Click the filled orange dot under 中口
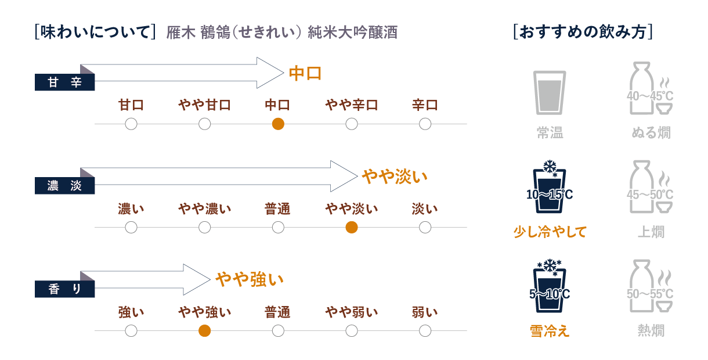pyautogui.click(x=278, y=124)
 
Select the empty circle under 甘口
pyautogui.click(x=131, y=124)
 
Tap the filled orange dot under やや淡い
pyautogui.click(x=351, y=227)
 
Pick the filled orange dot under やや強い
pyautogui.click(x=204, y=330)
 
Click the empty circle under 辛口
pyautogui.click(x=425, y=124)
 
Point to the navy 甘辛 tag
pyautogui.click(x=65, y=83)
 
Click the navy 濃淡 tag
pyautogui.click(x=65, y=186)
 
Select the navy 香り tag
pyautogui.click(x=65, y=289)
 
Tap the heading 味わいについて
pyautogui.click(x=96, y=32)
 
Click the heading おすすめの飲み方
pyautogui.click(x=583, y=32)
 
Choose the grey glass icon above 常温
pyautogui.click(x=549, y=92)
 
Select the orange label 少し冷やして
pyautogui.click(x=550, y=232)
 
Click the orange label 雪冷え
pyautogui.click(x=550, y=331)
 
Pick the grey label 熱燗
pyautogui.click(x=651, y=331)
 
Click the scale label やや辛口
pyautogui.click(x=351, y=105)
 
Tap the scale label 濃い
pyautogui.click(x=131, y=208)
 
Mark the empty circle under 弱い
pyautogui.click(x=425, y=330)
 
